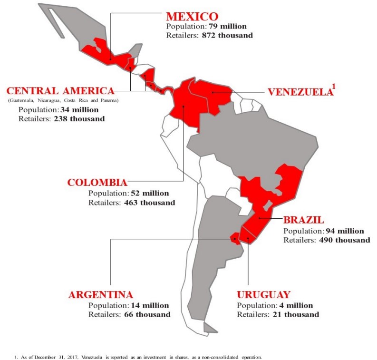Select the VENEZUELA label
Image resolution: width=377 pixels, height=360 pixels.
[x=299, y=92]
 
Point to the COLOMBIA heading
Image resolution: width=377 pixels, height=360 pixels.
[x=97, y=183]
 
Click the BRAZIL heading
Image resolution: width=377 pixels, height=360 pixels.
[x=304, y=220]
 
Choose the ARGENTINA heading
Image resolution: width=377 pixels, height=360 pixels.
[x=100, y=294]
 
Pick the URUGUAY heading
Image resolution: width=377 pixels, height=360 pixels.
[x=263, y=294]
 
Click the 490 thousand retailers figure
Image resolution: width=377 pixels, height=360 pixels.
[x=343, y=240]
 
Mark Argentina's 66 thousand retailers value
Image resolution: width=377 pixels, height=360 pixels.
[x=147, y=314]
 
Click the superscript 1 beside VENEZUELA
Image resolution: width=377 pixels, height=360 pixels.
[x=334, y=87]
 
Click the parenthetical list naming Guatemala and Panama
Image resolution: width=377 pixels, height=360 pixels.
[x=63, y=101]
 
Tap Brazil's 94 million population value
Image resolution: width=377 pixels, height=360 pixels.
[x=342, y=231]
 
